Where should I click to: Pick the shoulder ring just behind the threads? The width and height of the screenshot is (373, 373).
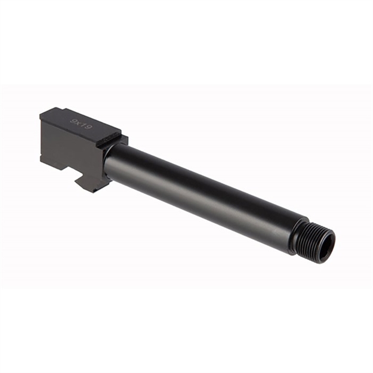[299, 236]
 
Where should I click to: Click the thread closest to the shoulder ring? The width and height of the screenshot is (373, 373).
[306, 239]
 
